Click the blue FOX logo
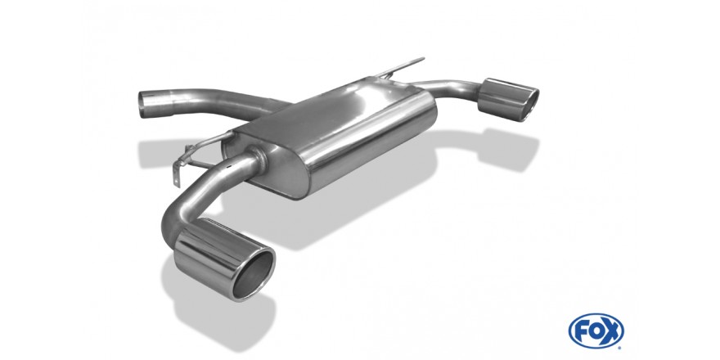click(596, 331)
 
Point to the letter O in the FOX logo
click(596, 331)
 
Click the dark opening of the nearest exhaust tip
click(254, 274)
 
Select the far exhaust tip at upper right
click(508, 100)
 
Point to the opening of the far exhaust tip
click(529, 102)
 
